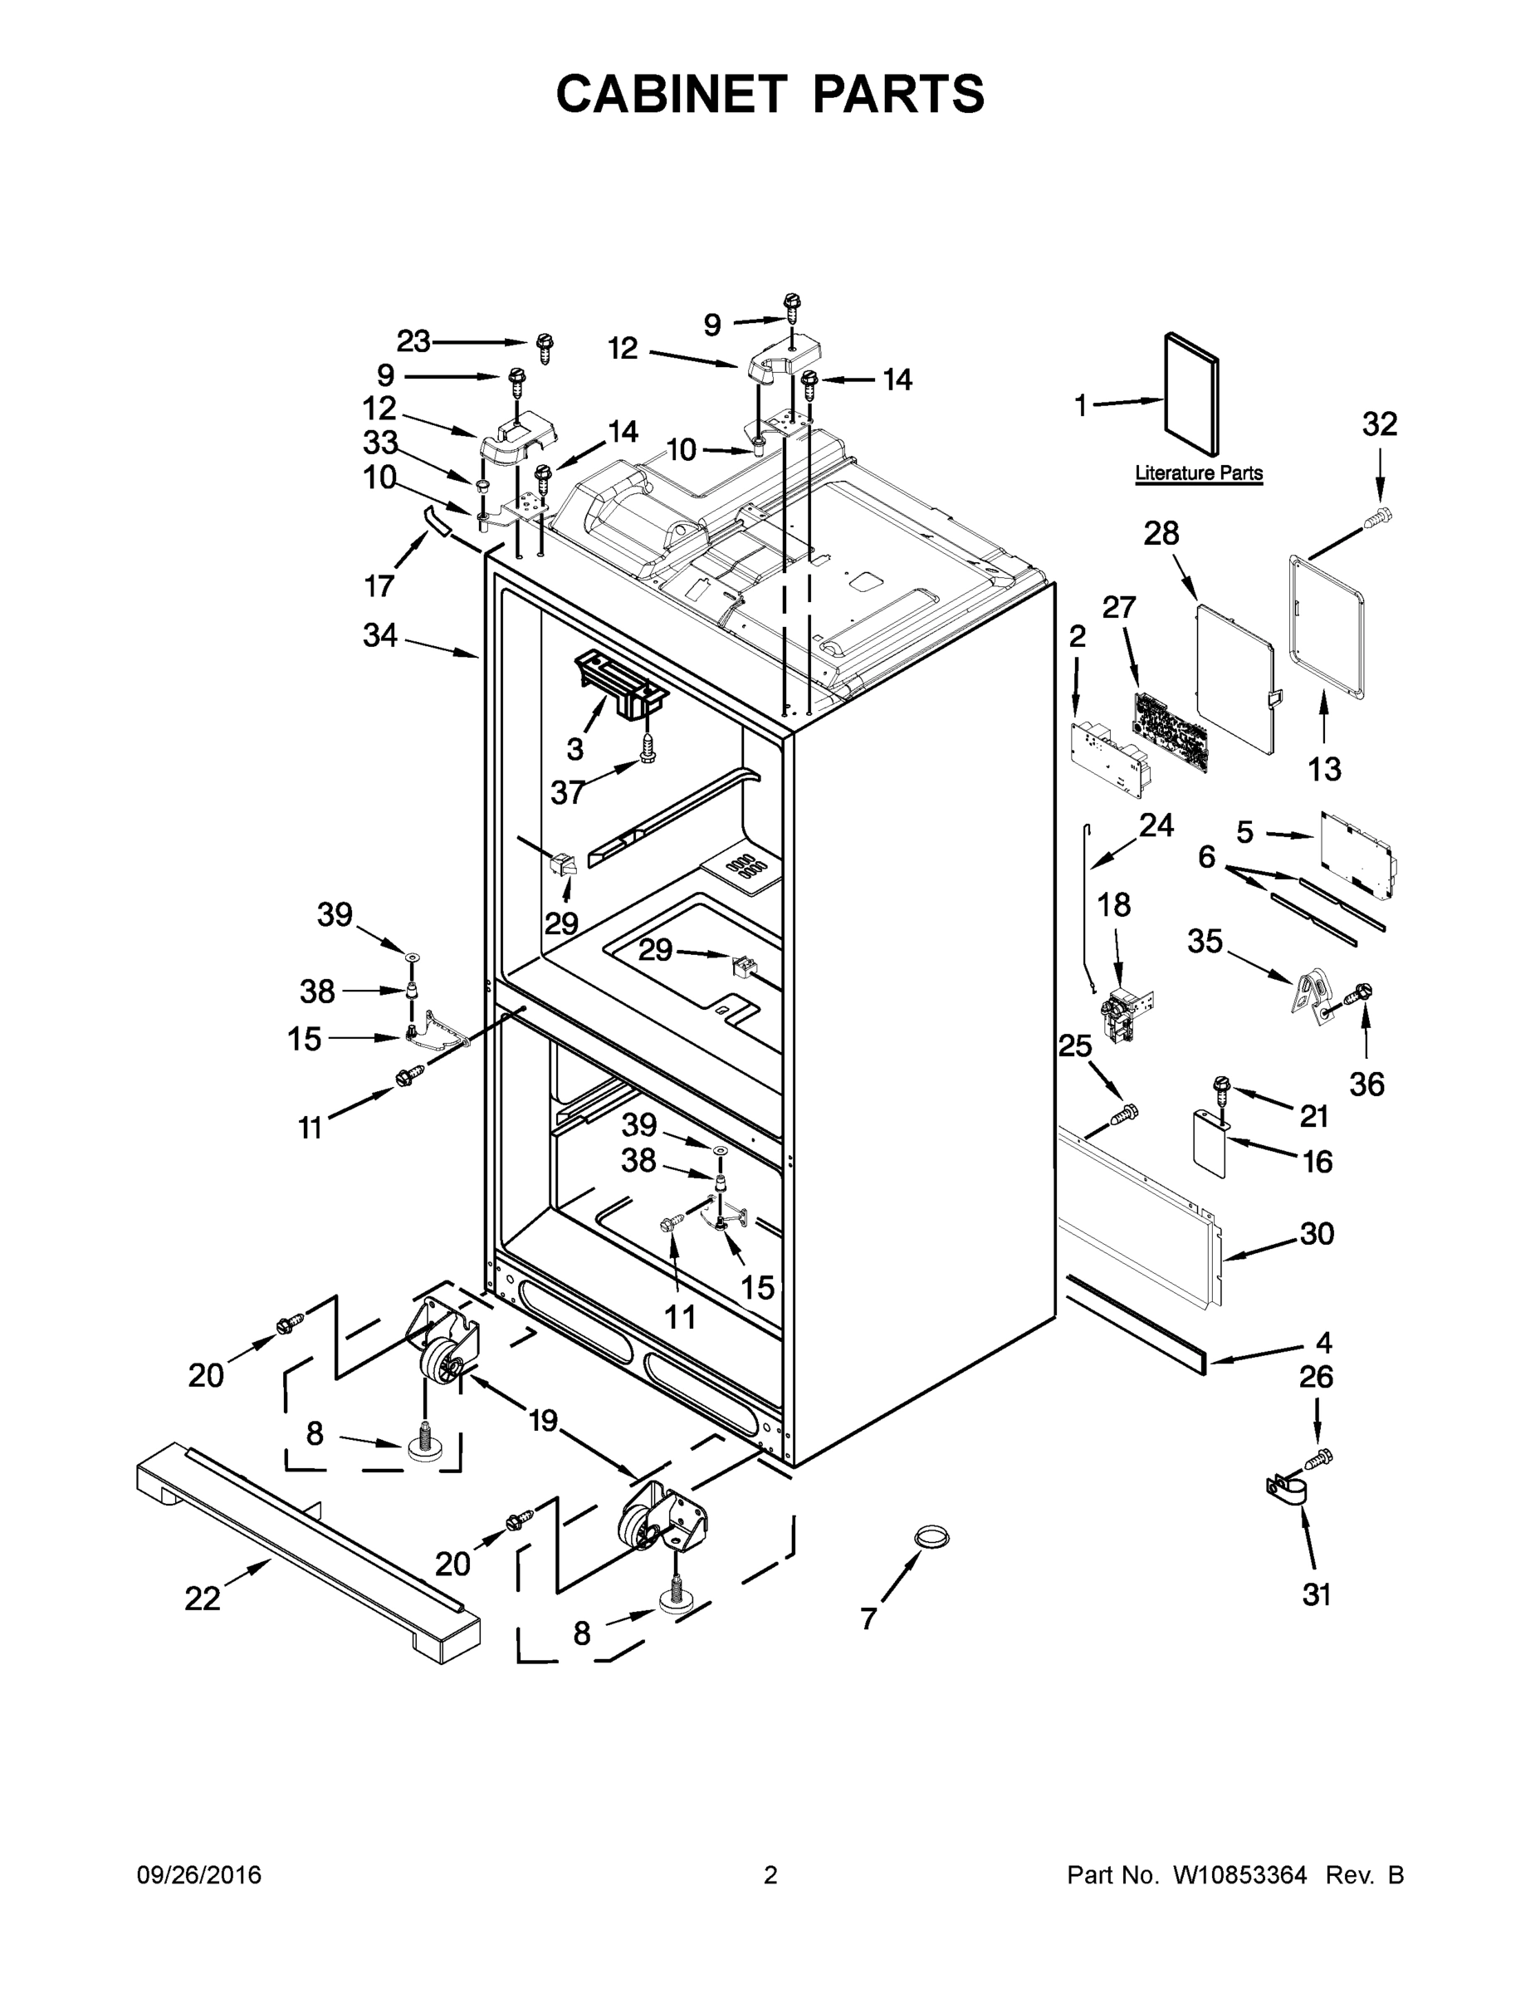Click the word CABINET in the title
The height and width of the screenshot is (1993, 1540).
pyautogui.click(x=672, y=94)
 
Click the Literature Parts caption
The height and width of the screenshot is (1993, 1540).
pyautogui.click(x=1199, y=473)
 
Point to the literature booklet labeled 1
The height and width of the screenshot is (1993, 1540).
pyautogui.click(x=1190, y=394)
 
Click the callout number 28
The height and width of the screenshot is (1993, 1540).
pyautogui.click(x=1161, y=533)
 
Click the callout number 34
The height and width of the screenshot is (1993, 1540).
pyautogui.click(x=380, y=635)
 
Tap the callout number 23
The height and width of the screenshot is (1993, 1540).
pyautogui.click(x=413, y=341)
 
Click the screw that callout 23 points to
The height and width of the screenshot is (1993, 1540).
pyautogui.click(x=545, y=348)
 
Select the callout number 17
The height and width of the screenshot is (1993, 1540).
pyautogui.click(x=379, y=585)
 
